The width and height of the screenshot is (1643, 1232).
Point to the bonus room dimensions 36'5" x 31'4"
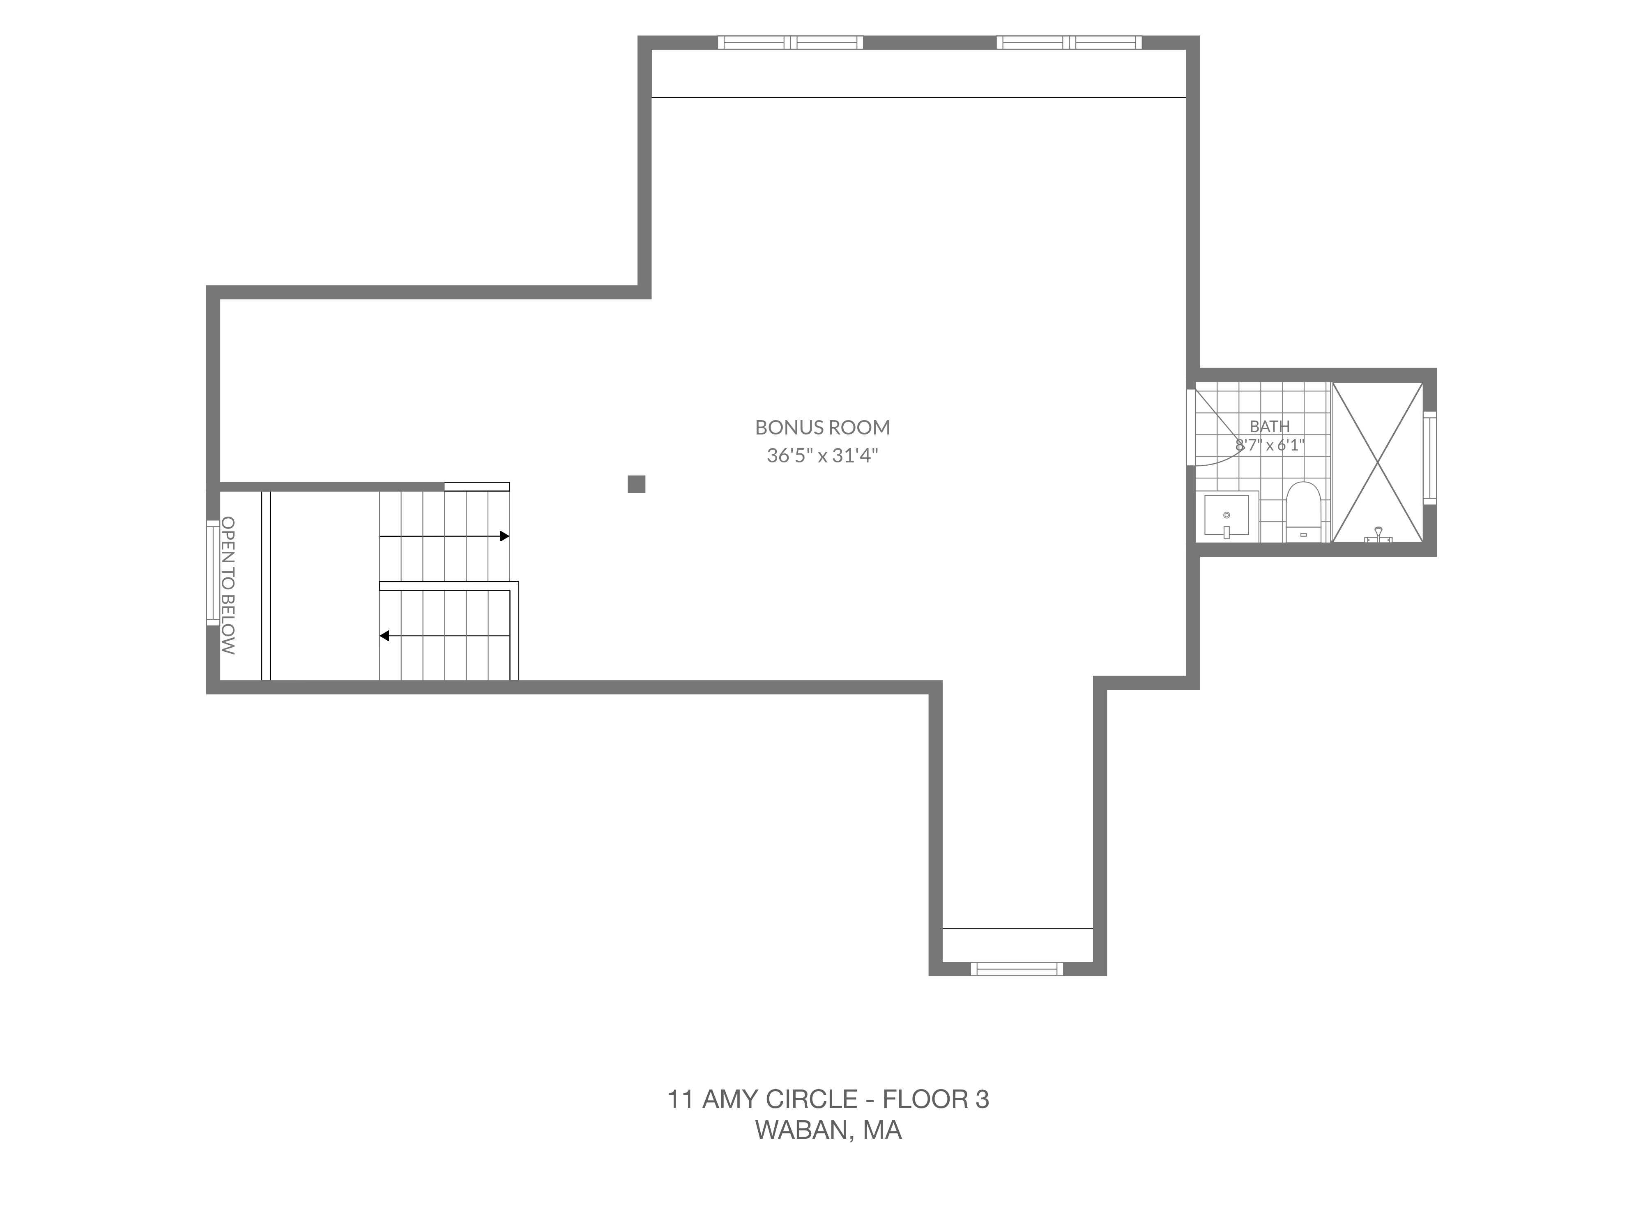tap(822, 455)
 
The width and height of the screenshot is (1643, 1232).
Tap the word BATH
tap(1269, 426)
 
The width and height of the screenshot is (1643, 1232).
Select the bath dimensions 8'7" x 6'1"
tap(1269, 445)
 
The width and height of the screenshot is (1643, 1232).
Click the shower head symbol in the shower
tap(1378, 535)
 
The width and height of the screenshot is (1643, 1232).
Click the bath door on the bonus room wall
tap(1192, 427)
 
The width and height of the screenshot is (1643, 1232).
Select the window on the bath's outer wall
tap(1429, 457)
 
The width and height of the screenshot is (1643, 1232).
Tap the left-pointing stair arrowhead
tap(384, 636)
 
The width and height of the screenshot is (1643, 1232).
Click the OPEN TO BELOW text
tap(228, 586)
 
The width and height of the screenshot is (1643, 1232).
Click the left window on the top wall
tap(790, 42)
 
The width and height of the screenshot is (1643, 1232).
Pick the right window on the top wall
tap(1069, 42)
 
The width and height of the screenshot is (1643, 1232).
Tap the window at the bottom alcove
tap(1017, 968)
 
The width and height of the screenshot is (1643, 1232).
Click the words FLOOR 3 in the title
tap(936, 1099)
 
